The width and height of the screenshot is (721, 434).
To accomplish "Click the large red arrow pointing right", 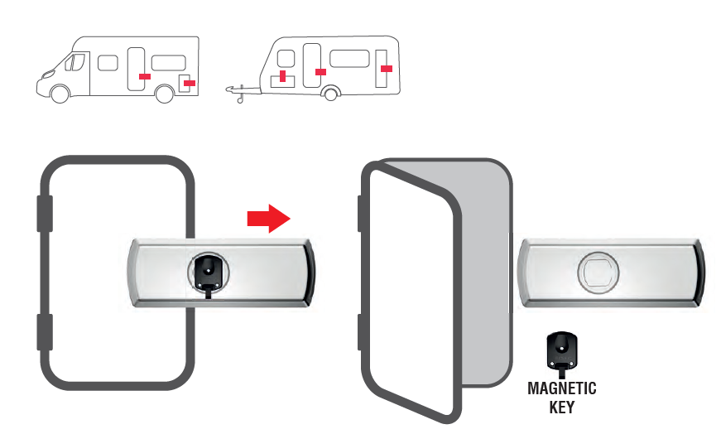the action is tap(268, 218).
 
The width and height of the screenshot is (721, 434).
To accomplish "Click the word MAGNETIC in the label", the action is tap(561, 388).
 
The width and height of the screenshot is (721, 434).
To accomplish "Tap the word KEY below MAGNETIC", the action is tap(561, 407).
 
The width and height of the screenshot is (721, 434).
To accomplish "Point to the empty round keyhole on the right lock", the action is tap(598, 273).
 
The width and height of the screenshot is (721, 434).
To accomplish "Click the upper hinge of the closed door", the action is tap(45, 214).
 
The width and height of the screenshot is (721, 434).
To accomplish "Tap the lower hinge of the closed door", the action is tap(45, 332).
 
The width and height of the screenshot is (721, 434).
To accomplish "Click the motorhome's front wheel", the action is tap(60, 94).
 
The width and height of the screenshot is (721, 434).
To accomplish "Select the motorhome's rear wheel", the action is tap(164, 94).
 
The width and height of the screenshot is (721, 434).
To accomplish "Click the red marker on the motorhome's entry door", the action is tap(144, 76).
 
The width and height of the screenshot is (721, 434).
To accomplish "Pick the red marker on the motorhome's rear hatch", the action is tap(189, 84).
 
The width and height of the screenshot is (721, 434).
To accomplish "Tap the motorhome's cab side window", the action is tap(75, 62).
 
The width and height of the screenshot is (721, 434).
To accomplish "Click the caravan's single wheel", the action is tap(330, 94).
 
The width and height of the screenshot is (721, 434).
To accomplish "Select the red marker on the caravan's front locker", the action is tap(283, 76).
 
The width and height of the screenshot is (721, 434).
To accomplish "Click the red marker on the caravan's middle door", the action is tap(320, 72).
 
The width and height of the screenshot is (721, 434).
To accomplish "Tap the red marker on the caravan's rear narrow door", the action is tap(387, 69).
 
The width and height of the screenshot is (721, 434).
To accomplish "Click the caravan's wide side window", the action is tap(349, 59).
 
